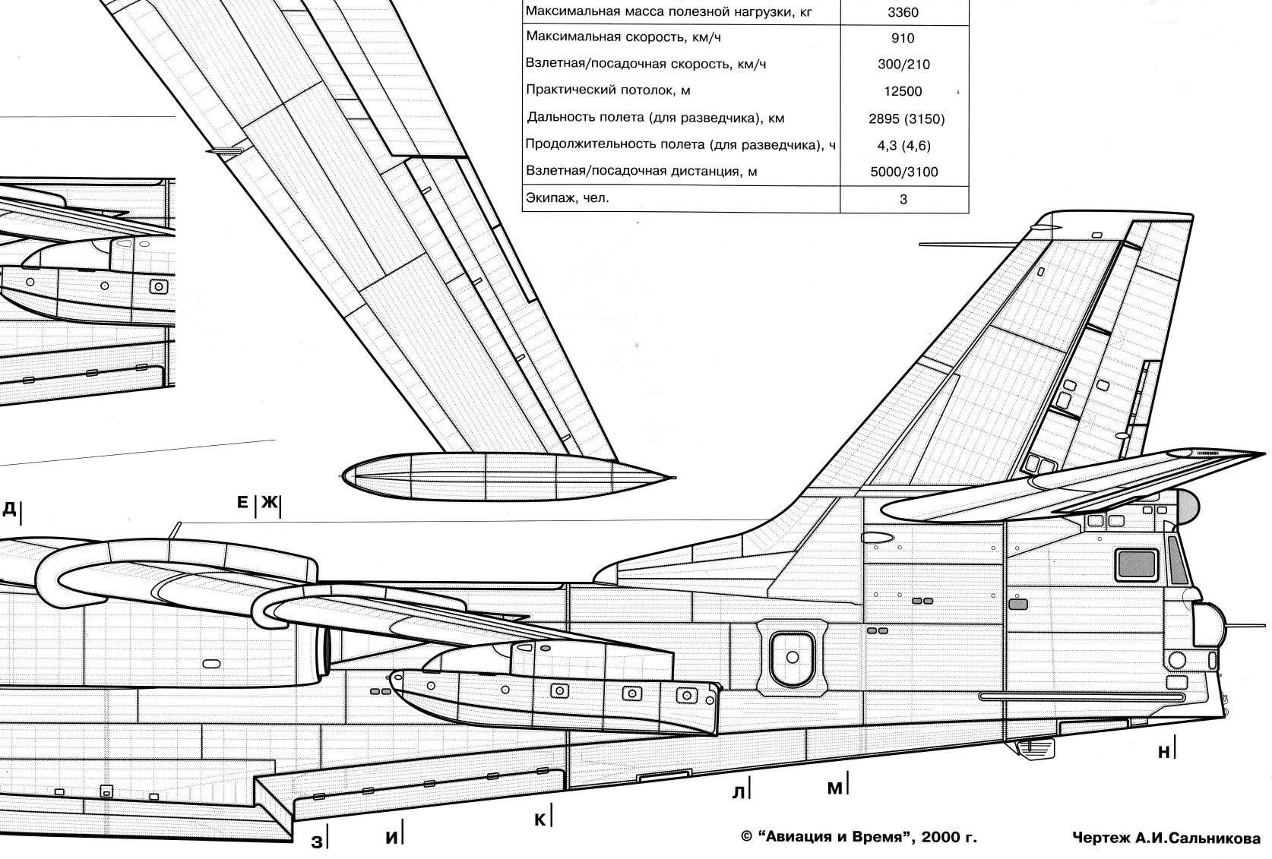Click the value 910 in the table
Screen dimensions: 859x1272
click(x=903, y=38)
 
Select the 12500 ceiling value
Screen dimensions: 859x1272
click(x=903, y=91)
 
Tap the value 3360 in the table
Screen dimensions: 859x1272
click(x=903, y=12)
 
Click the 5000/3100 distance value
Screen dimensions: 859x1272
click(x=904, y=172)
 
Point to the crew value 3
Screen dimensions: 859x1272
click(x=903, y=199)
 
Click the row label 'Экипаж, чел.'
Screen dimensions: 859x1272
click(x=568, y=197)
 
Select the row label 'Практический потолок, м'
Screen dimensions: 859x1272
click(x=608, y=90)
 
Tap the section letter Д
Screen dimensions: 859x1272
click(x=9, y=508)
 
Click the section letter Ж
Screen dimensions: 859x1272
click(x=270, y=503)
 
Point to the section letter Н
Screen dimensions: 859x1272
click(x=1163, y=752)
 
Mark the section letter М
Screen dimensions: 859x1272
click(x=834, y=788)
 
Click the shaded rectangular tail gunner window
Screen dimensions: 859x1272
click(x=1135, y=564)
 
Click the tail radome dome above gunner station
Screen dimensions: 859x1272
click(x=1187, y=505)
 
